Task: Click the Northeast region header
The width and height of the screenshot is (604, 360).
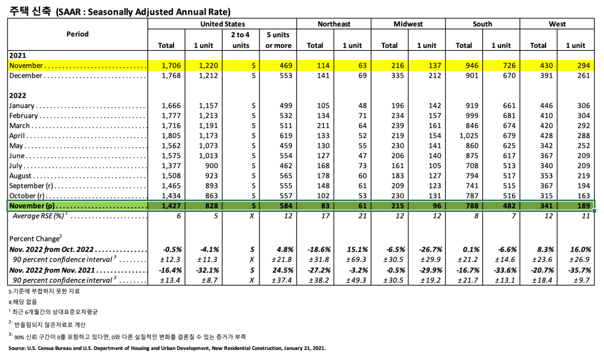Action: (x=334, y=24)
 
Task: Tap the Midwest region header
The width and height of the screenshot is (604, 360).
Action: (x=408, y=24)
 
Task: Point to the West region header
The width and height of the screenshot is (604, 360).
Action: (x=557, y=24)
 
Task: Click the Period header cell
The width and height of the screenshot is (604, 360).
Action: (x=77, y=34)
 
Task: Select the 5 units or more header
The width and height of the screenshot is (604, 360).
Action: (x=278, y=40)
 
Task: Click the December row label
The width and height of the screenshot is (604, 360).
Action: (x=26, y=76)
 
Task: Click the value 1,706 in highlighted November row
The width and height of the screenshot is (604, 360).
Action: (x=170, y=66)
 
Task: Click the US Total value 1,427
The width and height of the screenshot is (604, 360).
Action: (x=170, y=206)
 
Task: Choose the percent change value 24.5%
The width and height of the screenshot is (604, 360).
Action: (x=282, y=270)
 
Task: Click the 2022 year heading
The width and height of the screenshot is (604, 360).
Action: (x=17, y=94)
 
